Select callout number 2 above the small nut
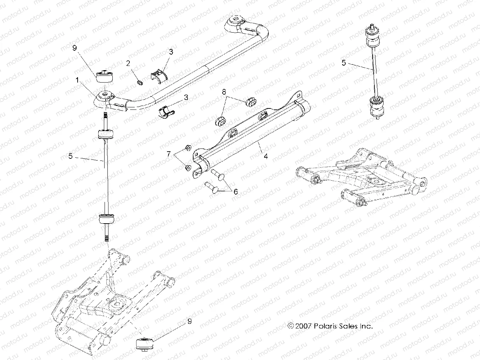point(128,64)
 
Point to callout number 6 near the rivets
point(235,192)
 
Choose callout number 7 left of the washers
point(169,154)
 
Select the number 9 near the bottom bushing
point(190,321)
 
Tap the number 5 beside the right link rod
point(343,63)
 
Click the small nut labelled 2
point(139,83)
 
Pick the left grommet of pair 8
point(221,120)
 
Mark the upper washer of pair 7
point(188,148)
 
